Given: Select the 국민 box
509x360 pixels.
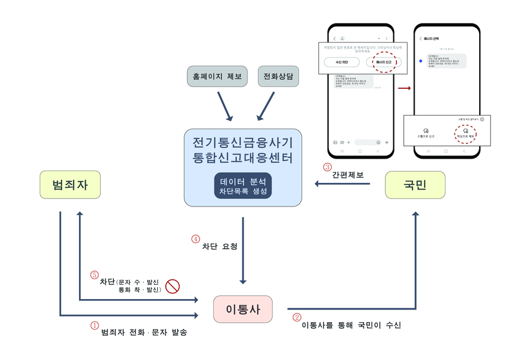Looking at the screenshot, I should pos(415,185).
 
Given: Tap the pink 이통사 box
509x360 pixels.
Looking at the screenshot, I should pos(242,309).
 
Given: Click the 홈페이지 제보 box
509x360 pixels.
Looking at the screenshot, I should pos(218,77).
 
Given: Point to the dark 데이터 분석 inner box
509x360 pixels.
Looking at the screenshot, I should pos(242,187).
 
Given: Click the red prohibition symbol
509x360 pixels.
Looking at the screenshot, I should pos(172,286).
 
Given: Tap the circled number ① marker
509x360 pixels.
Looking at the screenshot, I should pos(94,325).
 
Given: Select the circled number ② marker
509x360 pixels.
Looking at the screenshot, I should pos(296,316).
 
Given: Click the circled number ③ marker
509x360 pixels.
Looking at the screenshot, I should pos(327,167).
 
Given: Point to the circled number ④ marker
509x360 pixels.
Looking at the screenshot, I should pos(196,238).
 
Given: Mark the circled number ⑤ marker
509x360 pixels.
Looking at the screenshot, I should pos(94,274).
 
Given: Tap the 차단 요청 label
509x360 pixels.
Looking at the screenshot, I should pos(219,246).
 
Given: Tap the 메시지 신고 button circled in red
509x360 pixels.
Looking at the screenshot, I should pos(383,62).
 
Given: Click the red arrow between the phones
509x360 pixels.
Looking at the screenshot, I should pos(405,88).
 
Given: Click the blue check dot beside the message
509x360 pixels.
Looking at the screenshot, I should pos(422,60).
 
